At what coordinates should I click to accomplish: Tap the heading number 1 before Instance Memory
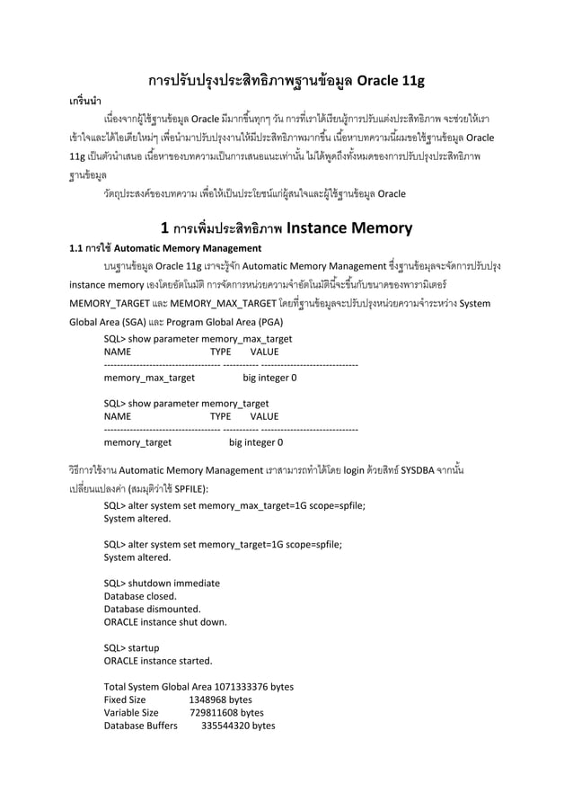(163, 228)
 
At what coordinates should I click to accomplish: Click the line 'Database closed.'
(139, 596)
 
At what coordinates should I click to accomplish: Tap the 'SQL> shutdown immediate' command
(162, 583)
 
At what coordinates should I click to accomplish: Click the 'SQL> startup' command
(131, 647)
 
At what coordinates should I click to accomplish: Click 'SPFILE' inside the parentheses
(190, 487)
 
